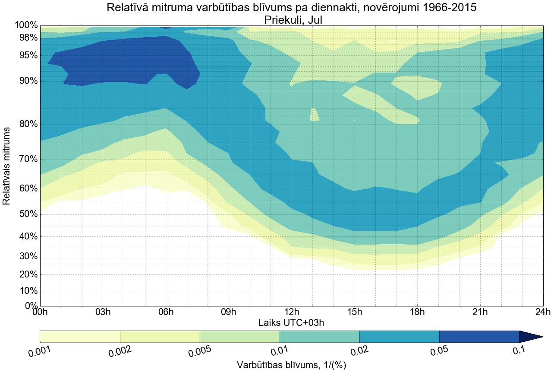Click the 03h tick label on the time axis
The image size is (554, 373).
(x=103, y=312)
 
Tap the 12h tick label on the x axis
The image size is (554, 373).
(x=292, y=312)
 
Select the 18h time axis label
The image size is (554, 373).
(x=417, y=312)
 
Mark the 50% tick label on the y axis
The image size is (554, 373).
(x=26, y=215)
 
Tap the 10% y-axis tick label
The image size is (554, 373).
(x=26, y=291)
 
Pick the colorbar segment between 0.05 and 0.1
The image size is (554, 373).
(x=479, y=337)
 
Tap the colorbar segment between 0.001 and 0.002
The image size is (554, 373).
(x=80, y=337)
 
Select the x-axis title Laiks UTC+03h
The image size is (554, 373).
(x=292, y=322)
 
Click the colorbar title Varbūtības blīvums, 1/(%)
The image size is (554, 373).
(x=292, y=365)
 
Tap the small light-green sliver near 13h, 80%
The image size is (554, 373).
(x=314, y=115)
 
